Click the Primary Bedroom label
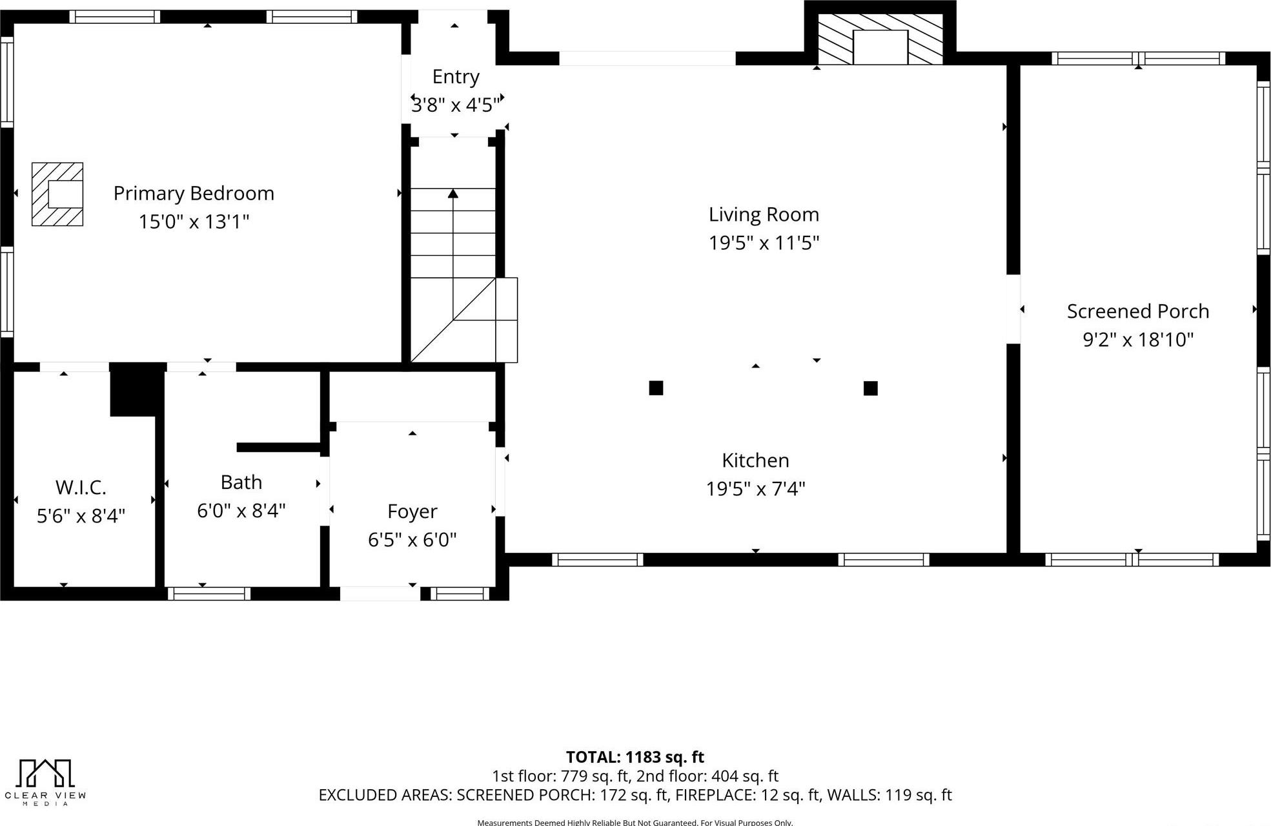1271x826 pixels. [x=194, y=193]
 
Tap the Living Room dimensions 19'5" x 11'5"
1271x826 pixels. [x=764, y=243]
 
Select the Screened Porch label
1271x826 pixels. [x=1137, y=311]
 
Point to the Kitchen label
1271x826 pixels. [x=755, y=460]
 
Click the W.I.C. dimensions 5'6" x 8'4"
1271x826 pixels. [x=81, y=516]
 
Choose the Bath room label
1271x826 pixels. [x=241, y=482]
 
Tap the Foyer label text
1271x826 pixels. [x=412, y=511]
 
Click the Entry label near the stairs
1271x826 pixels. [x=456, y=77]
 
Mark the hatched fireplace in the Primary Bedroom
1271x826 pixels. [x=57, y=194]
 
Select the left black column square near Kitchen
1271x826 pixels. [x=656, y=388]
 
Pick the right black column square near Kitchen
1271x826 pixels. [x=870, y=388]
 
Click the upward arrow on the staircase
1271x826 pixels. [x=453, y=194]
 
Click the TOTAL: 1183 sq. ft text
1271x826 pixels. [x=635, y=757]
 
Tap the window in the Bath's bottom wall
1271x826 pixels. [x=209, y=594]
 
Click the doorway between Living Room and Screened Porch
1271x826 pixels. [x=1013, y=309]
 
